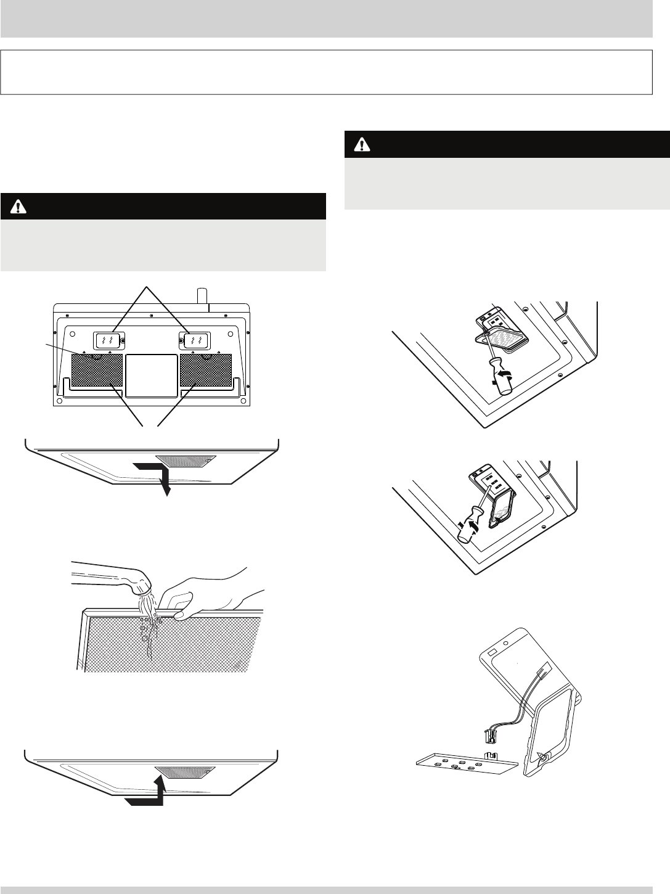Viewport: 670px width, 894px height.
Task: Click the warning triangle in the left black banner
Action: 15,207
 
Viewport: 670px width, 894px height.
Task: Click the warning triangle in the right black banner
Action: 359,145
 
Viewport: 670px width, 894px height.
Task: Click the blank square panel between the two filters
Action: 151,374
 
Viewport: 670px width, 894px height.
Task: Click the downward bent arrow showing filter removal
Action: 157,475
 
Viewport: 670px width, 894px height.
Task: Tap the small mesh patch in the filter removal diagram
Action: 186,461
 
